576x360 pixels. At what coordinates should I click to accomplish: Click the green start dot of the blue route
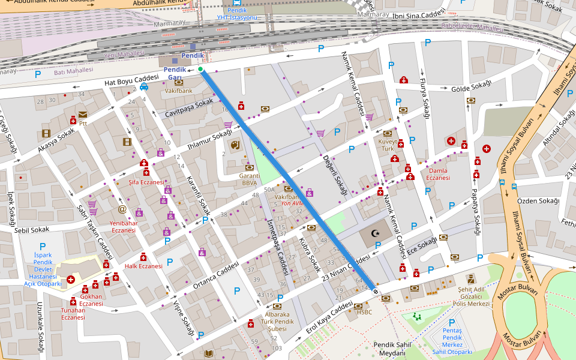coord(200,70)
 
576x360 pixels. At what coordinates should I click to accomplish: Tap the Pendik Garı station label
coord(175,73)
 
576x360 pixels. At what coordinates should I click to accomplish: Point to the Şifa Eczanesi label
coord(146,182)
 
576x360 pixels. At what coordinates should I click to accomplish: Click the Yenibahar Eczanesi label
coord(123,226)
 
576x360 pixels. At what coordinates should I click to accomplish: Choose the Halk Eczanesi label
coord(143,266)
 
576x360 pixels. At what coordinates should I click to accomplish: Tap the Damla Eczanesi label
coord(437,174)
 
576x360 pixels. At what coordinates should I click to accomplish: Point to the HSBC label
coord(364,312)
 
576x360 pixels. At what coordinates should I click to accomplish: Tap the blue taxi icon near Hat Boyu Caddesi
coord(144,86)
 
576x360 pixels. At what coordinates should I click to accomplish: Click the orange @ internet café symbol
coord(122,209)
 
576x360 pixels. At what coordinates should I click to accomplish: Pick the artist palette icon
coord(234,145)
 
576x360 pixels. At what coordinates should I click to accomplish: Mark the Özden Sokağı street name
coord(538,201)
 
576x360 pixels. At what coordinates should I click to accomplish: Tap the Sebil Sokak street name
coord(32,230)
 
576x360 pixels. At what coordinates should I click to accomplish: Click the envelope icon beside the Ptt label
coord(82,114)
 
